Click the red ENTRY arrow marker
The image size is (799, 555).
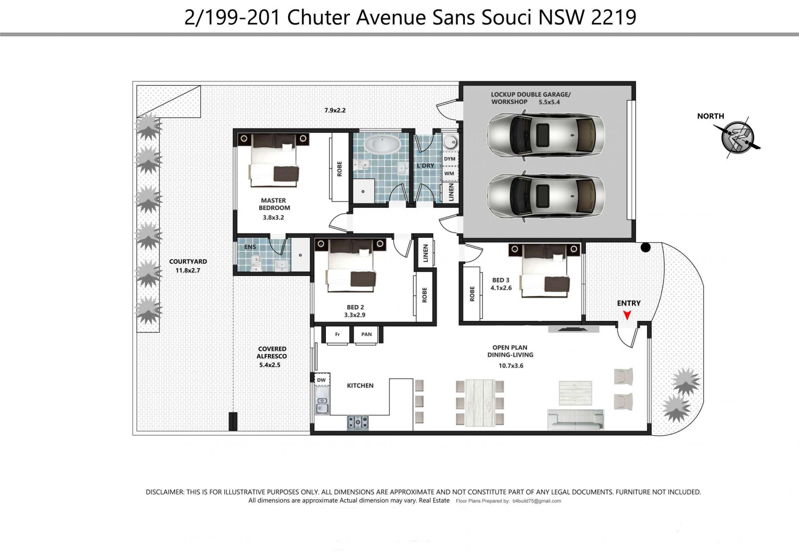(x=627, y=316)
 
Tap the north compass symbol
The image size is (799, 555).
(x=737, y=138)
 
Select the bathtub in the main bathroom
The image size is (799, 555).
(x=382, y=144)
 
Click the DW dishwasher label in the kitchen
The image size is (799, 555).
(x=321, y=380)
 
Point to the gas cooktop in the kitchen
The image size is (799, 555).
(x=358, y=423)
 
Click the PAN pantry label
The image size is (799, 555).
(x=366, y=334)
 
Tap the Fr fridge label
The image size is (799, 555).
(x=337, y=334)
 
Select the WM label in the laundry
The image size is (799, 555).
(x=449, y=174)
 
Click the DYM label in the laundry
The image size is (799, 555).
(x=449, y=159)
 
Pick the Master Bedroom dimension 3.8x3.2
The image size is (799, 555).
(x=273, y=217)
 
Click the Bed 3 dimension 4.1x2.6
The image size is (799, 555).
(x=501, y=288)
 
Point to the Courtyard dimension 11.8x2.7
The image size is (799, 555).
(x=188, y=270)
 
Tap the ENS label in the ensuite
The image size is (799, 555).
(x=250, y=247)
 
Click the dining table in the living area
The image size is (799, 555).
(x=480, y=402)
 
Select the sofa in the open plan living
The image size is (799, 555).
(x=576, y=419)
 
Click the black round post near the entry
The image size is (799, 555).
(x=645, y=247)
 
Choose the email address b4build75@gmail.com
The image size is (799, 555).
(x=537, y=501)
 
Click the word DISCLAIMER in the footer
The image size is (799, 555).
(x=164, y=492)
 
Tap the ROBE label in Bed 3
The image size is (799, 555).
(x=472, y=294)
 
